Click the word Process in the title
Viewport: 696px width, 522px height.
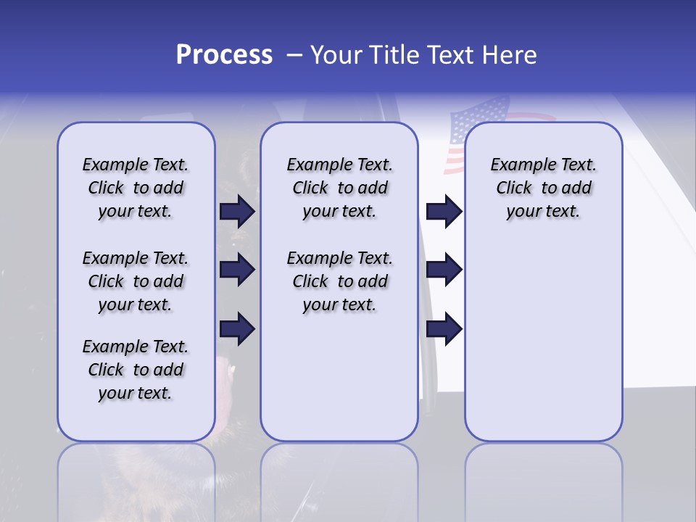tap(224, 54)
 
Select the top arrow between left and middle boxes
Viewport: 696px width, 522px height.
tap(237, 211)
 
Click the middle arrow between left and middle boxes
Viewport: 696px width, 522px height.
tap(237, 270)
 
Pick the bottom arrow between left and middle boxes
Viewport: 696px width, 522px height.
tap(237, 329)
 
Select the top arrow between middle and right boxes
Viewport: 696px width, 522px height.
tap(444, 211)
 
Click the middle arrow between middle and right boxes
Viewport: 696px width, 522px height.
tap(444, 270)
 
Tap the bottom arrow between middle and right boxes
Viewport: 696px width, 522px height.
tap(444, 329)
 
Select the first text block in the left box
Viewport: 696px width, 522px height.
tap(136, 188)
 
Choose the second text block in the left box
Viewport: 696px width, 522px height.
tap(136, 281)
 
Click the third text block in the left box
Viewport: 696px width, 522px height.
tap(136, 370)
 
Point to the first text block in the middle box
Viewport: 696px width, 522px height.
tap(339, 188)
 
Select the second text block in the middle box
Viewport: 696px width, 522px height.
tap(339, 281)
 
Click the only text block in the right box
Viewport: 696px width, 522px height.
tap(544, 188)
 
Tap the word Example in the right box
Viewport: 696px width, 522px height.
tap(518, 165)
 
